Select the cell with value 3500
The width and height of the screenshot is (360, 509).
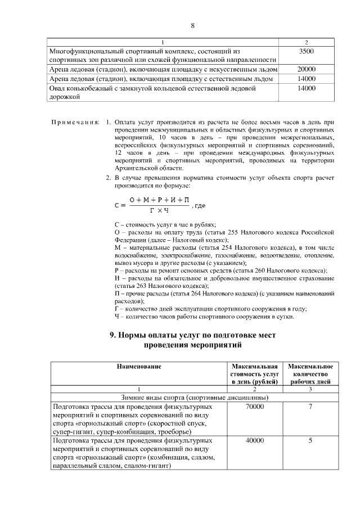(x=307, y=51)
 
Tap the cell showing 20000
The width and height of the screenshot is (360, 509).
(x=307, y=69)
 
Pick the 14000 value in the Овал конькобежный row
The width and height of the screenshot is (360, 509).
(x=307, y=88)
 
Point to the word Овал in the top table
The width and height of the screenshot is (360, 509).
(x=58, y=88)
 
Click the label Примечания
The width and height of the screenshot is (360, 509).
(x=75, y=121)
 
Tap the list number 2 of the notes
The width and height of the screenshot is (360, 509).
(x=109, y=178)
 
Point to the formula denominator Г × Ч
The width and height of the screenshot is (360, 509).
(x=159, y=210)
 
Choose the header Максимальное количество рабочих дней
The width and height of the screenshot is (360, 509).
(x=310, y=374)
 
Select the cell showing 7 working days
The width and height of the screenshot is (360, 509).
(x=310, y=406)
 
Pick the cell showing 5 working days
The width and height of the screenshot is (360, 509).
(x=310, y=441)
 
